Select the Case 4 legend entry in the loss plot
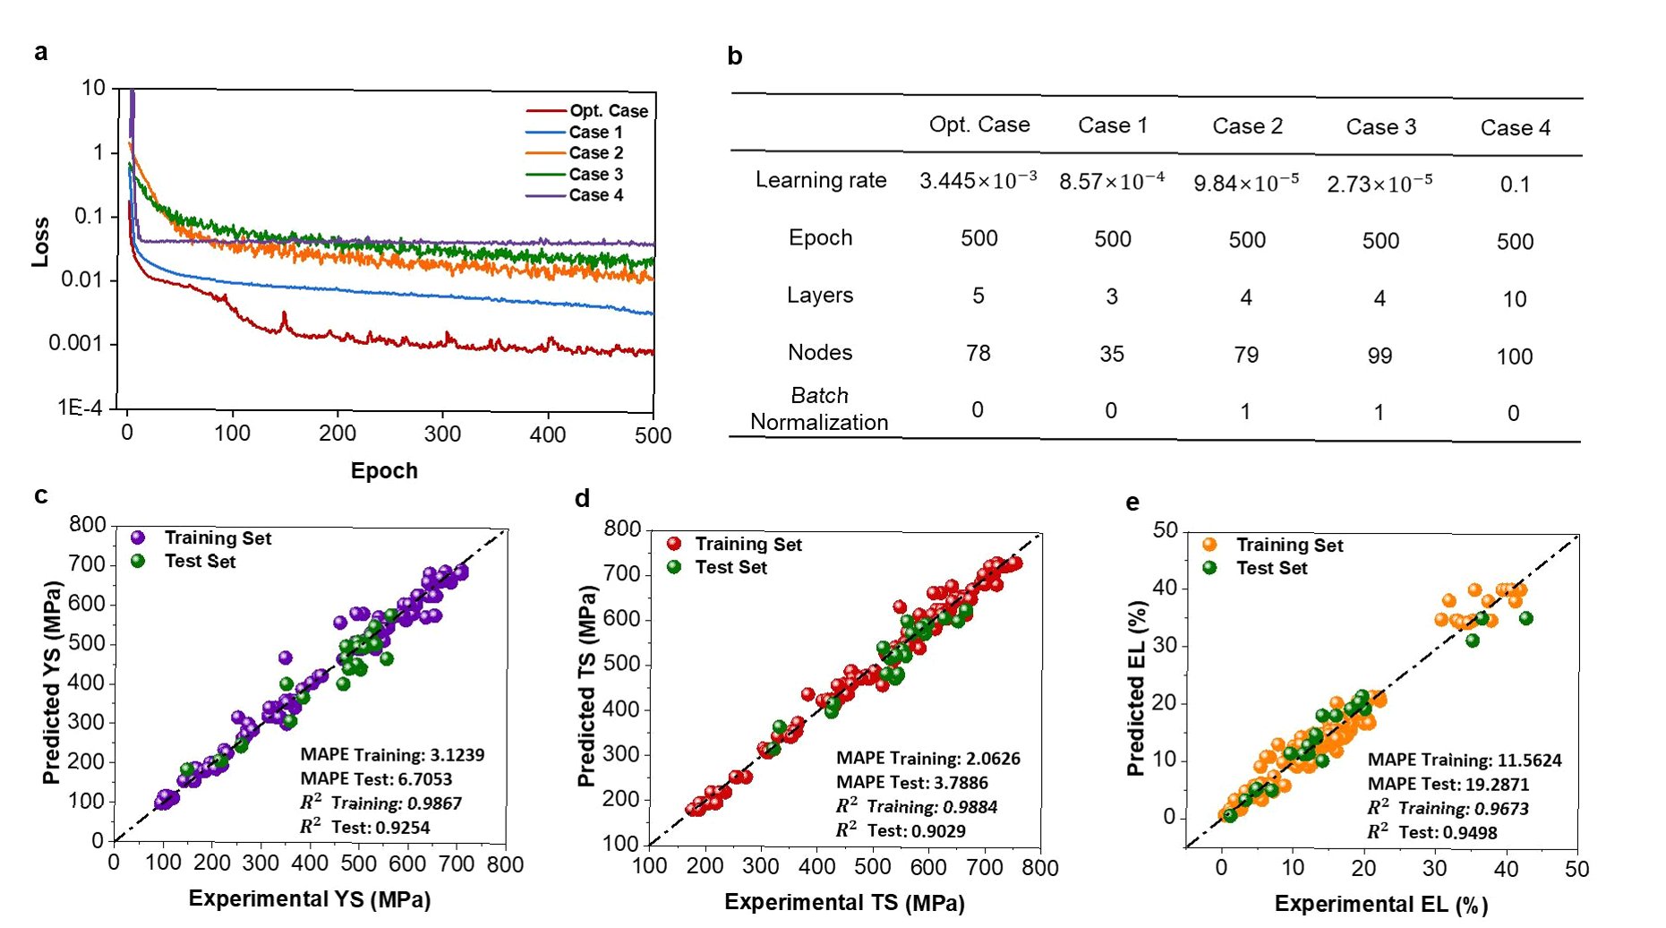coord(595,195)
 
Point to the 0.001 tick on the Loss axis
coord(76,344)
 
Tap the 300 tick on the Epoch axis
coord(442,434)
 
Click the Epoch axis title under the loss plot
coord(384,471)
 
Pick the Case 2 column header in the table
coord(1247,126)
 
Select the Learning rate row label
coord(821,180)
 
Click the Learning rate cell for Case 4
coord(1515,185)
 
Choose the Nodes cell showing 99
coord(1380,356)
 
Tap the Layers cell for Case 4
coord(1515,299)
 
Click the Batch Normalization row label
coord(819,408)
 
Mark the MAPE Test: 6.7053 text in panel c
coord(376,779)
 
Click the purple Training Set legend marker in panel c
coord(138,537)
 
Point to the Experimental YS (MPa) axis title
coord(310,899)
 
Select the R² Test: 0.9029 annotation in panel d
coord(901,831)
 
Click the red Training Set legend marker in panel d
coord(674,544)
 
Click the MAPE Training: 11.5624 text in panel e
coord(1465,760)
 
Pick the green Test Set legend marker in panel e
coord(1209,568)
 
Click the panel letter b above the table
coord(735,56)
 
